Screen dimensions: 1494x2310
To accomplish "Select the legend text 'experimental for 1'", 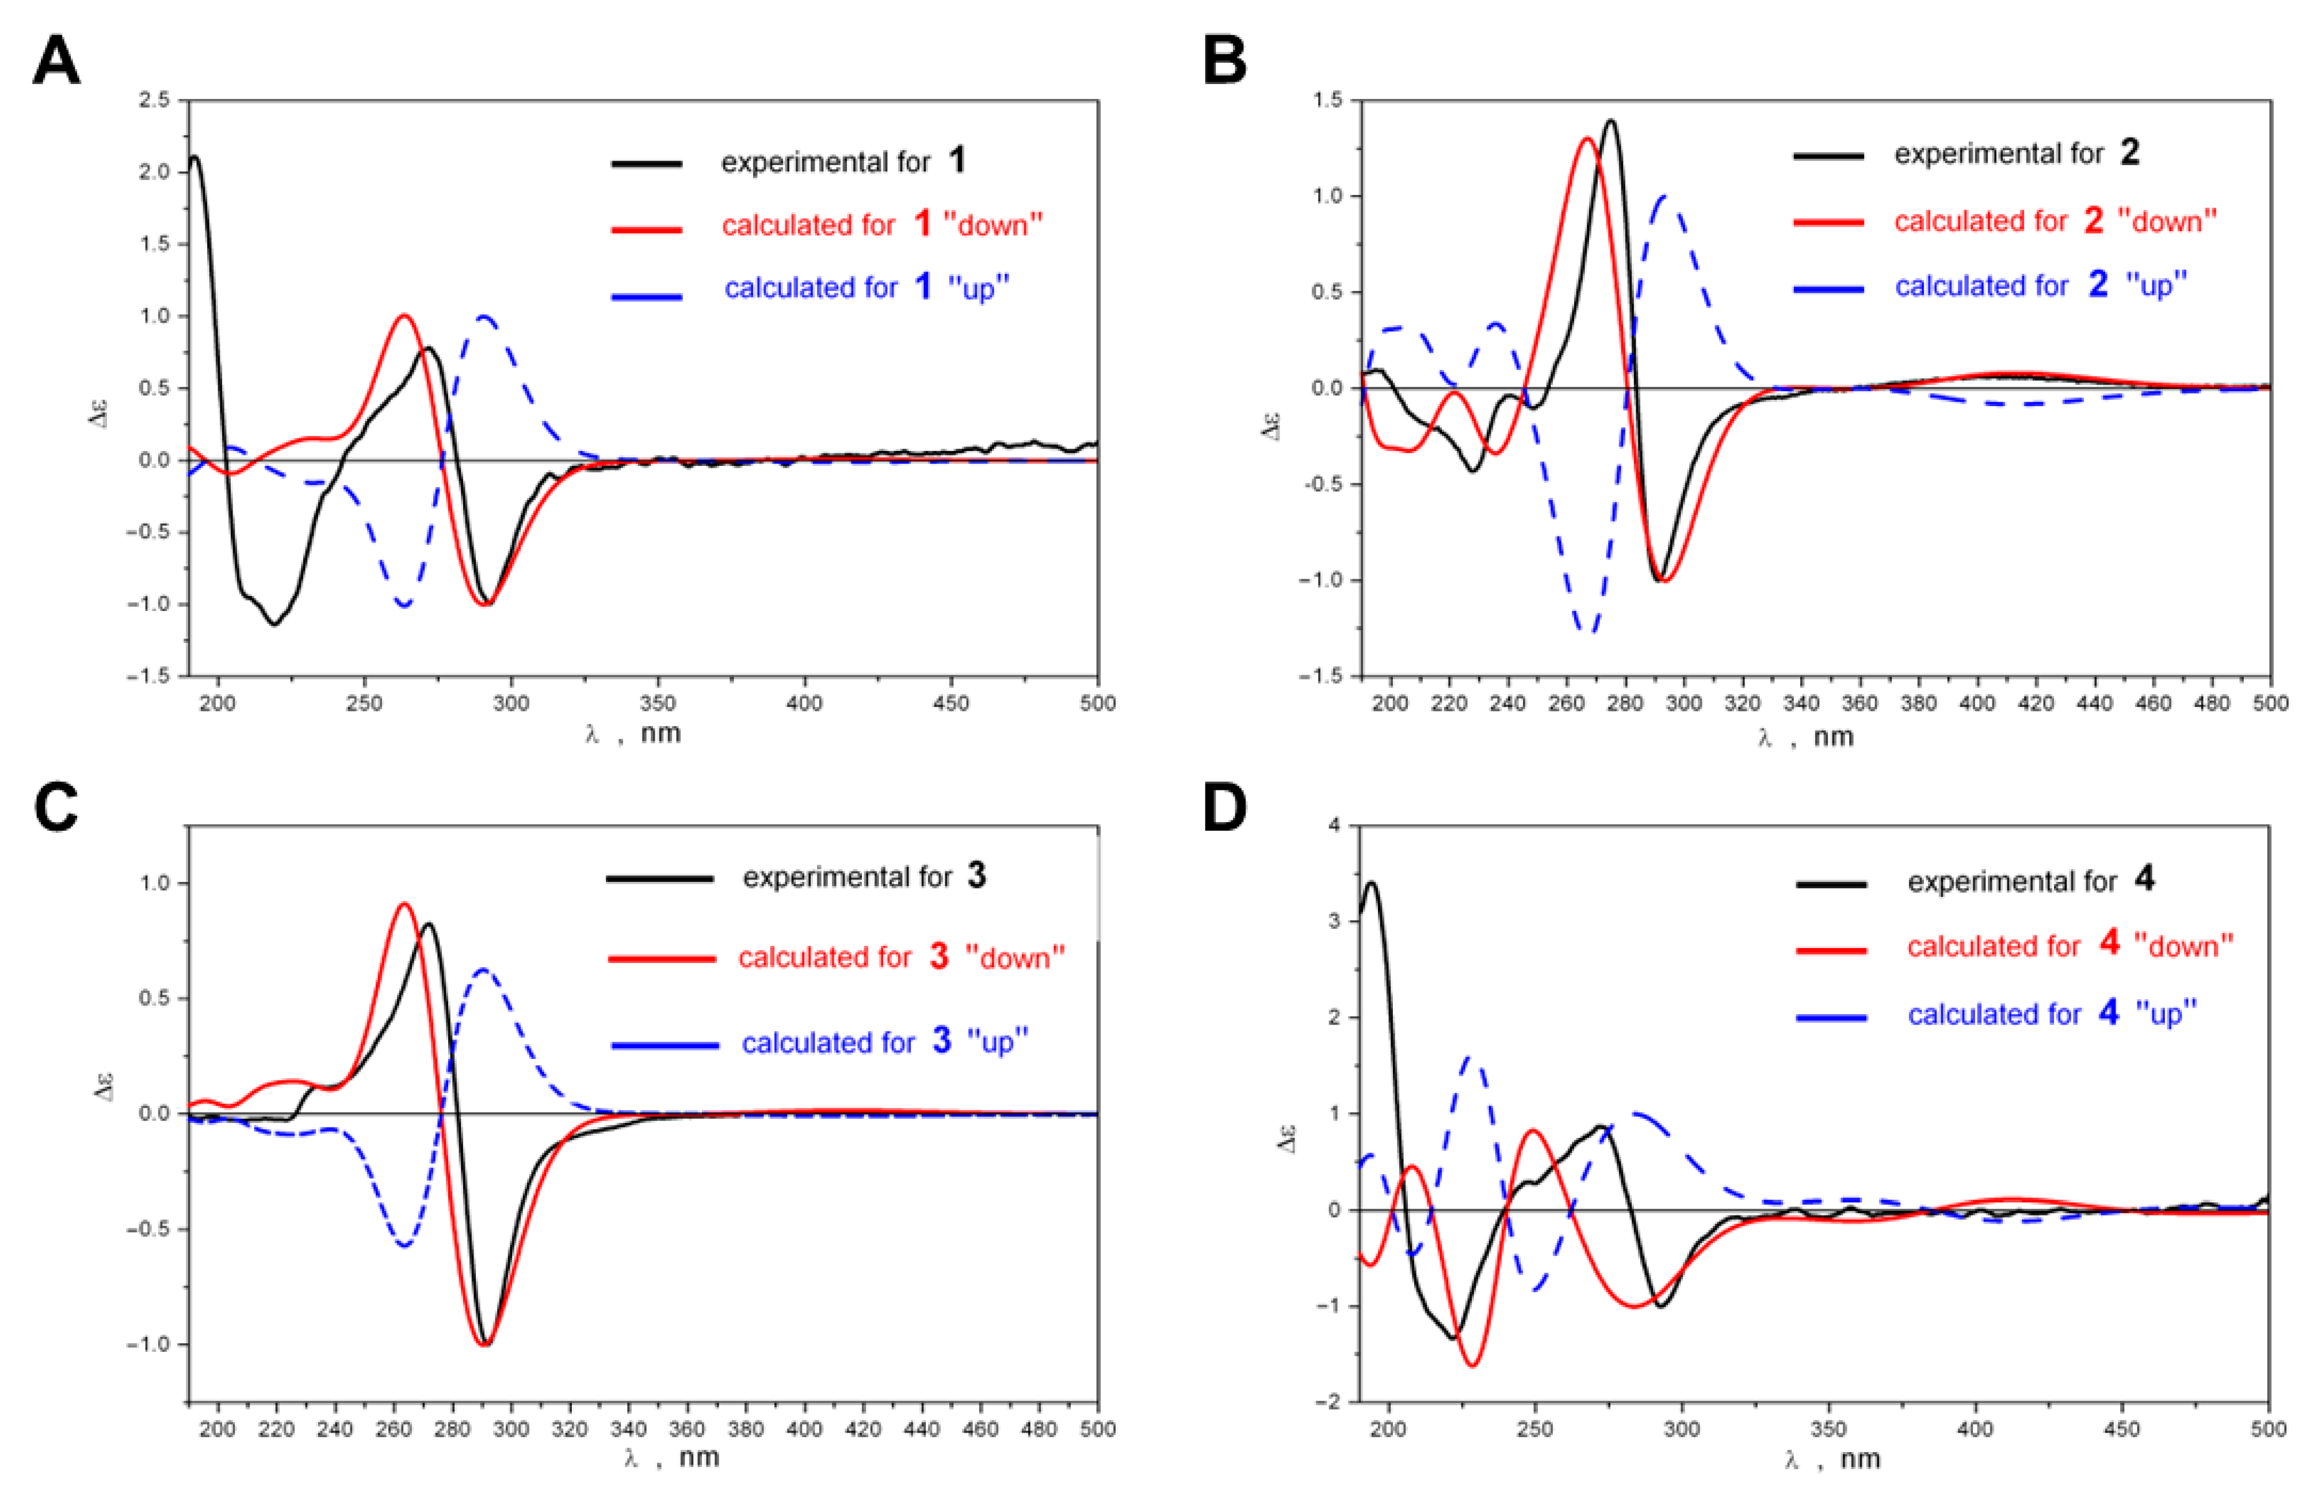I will click(x=842, y=161).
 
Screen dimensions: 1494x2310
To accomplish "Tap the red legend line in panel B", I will click(x=1828, y=222).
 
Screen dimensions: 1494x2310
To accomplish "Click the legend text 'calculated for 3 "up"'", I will click(x=884, y=1042).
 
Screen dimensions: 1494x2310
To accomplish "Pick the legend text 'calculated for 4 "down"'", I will click(x=2070, y=945).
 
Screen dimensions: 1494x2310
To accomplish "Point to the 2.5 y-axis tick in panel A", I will click(x=153, y=100).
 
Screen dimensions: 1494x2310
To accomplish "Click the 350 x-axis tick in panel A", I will click(x=658, y=702).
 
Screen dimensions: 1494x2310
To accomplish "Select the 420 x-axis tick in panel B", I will click(x=2036, y=702).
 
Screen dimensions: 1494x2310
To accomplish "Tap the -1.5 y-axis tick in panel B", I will click(x=1319, y=675).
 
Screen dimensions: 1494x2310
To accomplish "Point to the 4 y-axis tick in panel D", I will click(x=1334, y=826).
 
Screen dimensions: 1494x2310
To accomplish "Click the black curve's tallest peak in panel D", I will click(x=1371, y=883).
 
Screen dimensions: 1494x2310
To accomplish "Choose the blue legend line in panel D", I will click(x=1831, y=1017).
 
